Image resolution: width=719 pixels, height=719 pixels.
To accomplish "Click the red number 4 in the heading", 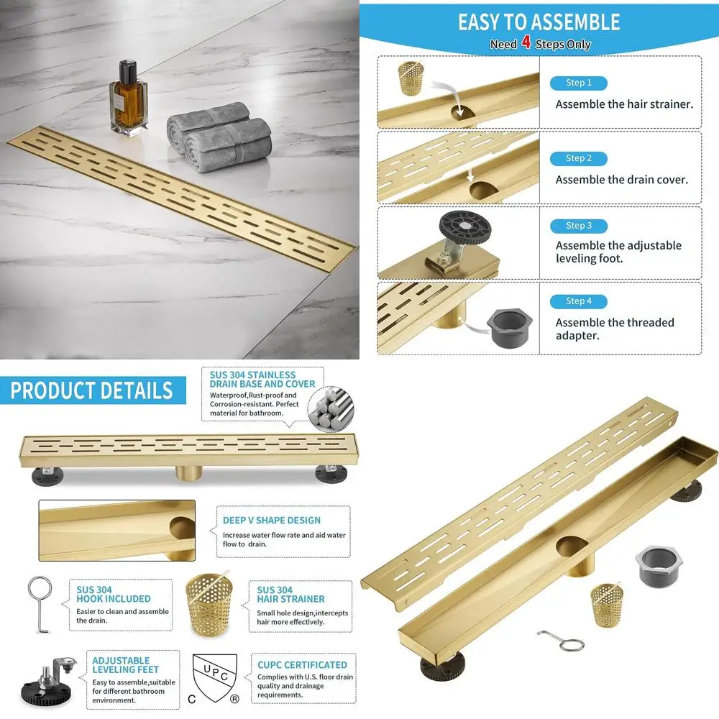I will tap(526, 44).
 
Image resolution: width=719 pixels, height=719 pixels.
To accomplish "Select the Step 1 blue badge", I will tap(578, 83).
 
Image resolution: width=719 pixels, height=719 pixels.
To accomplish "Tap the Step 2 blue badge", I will tap(578, 158).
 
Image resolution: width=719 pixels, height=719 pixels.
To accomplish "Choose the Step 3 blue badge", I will tap(578, 226).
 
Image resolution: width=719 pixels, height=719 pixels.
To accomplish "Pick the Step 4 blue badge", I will tap(578, 301).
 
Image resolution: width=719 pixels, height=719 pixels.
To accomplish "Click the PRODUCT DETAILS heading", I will tap(92, 390).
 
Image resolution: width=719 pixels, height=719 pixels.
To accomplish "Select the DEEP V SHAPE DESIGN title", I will tap(272, 520).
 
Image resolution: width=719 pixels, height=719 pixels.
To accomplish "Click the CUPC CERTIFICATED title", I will tap(302, 665).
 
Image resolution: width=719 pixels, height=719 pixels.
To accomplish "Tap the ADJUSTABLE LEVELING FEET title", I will tap(122, 666).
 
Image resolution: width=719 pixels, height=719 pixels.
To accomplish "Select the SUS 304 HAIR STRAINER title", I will tap(290, 595).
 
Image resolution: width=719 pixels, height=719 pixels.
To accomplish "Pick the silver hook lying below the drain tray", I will tap(561, 638).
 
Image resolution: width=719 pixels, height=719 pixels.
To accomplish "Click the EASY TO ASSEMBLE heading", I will tap(539, 22).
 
